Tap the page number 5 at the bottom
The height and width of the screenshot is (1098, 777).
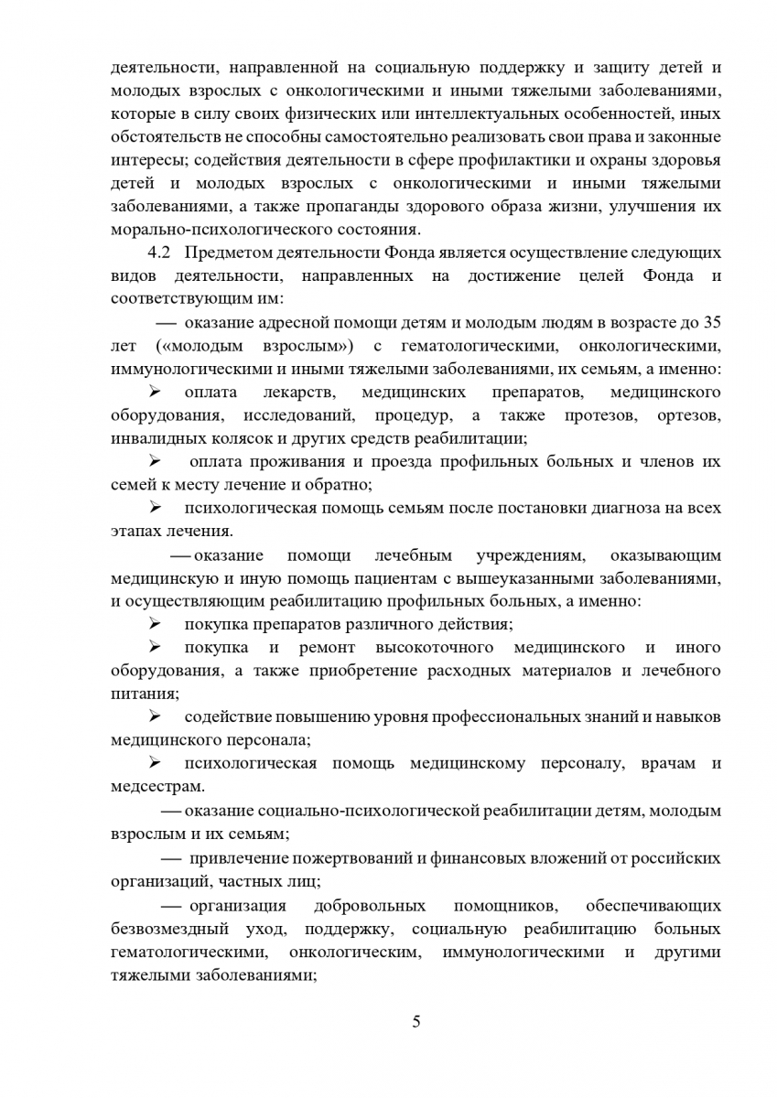[416, 1021]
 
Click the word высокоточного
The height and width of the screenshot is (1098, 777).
[434, 648]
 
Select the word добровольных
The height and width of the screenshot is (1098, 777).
[369, 906]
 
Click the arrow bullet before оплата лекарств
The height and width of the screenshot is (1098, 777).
[155, 393]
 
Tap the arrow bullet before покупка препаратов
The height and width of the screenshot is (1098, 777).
[155, 624]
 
